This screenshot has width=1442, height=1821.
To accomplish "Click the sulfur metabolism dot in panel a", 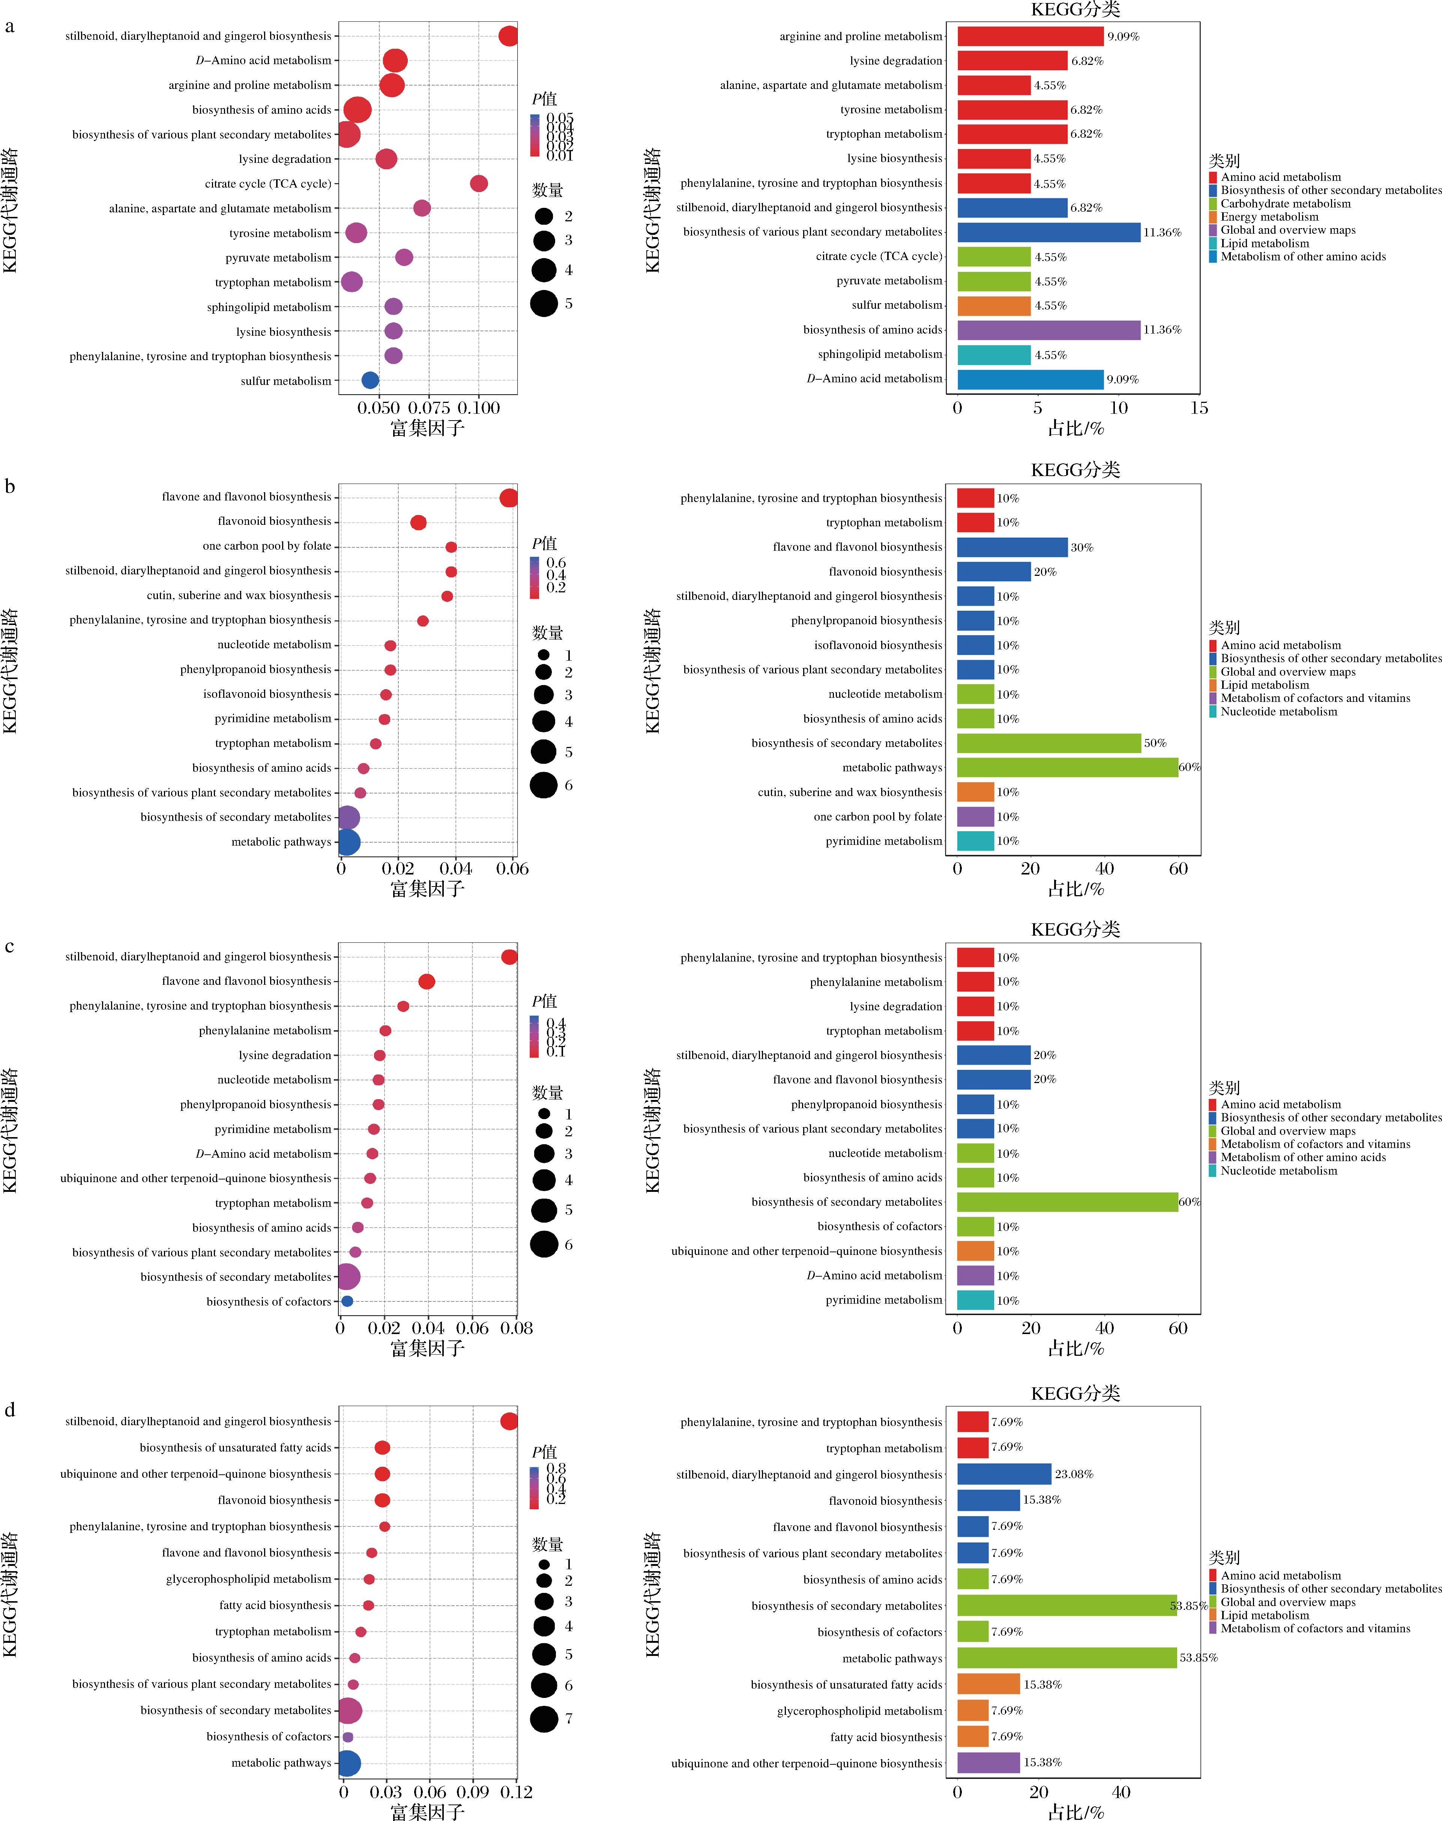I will coord(370,381).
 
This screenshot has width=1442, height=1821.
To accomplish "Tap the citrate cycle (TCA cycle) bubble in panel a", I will coord(479,183).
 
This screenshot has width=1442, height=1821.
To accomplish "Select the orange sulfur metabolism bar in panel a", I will coord(994,306).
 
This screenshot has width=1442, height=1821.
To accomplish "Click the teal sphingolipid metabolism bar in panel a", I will coord(994,355).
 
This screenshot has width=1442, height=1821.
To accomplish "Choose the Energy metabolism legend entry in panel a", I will coord(1269,217).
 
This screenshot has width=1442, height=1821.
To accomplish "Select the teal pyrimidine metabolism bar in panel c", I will coord(975,1300).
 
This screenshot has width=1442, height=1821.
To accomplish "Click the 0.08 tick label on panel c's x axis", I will coord(517,1328).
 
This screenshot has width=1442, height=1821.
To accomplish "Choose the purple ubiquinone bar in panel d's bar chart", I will coord(988,1763).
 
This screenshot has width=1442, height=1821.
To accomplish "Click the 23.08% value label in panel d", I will coord(1074,1474).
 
